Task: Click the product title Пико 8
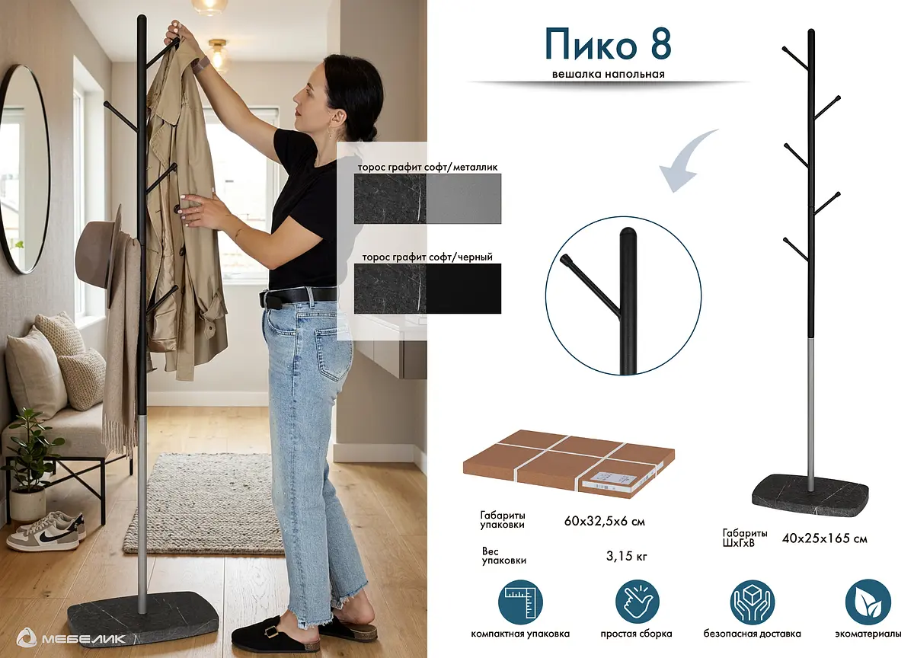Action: click(x=608, y=44)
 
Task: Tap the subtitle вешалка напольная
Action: click(x=609, y=74)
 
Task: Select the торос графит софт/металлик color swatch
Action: click(x=427, y=199)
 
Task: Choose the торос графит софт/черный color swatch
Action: click(x=427, y=289)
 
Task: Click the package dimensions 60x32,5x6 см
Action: click(x=604, y=521)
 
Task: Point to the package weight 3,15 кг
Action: click(x=626, y=556)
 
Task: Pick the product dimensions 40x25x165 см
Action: click(x=824, y=538)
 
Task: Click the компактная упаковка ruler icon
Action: click(x=520, y=602)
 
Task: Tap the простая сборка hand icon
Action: click(x=637, y=602)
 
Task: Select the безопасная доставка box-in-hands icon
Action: click(x=752, y=602)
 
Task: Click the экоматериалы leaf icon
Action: click(x=868, y=602)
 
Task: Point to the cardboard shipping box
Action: click(x=569, y=463)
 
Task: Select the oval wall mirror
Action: click(x=24, y=169)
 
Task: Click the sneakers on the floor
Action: click(x=46, y=531)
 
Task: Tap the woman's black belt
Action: click(x=299, y=296)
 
